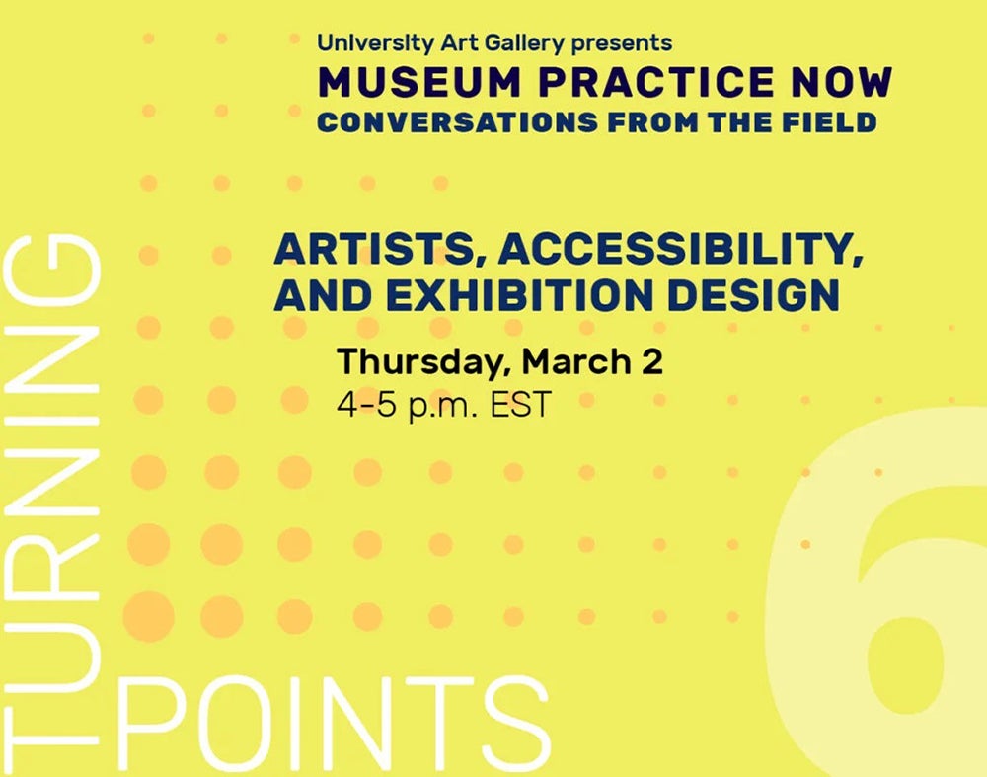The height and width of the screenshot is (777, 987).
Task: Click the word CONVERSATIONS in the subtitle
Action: point(457,122)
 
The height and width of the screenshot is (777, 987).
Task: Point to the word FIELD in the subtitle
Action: point(830,122)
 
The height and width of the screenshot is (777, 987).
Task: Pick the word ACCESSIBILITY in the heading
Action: point(681,249)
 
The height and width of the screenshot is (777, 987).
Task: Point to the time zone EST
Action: point(520,404)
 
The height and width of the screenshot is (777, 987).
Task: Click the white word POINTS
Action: point(334,723)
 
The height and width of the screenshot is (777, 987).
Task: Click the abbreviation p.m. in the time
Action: point(443,406)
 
